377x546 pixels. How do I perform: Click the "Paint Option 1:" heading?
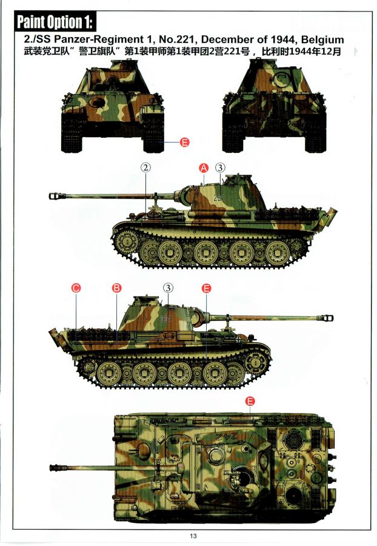[x=55, y=22]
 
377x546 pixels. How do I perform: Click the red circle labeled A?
[x=204, y=168]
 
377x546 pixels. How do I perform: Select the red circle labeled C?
[x=76, y=288]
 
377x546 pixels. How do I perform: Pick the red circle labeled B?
[x=117, y=288]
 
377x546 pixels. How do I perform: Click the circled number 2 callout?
[x=146, y=167]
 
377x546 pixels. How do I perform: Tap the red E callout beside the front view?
[x=185, y=142]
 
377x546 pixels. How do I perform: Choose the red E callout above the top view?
[x=250, y=401]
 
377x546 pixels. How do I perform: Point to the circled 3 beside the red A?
[x=220, y=168]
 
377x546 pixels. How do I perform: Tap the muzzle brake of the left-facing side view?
[x=56, y=197]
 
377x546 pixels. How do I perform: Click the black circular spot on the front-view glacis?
[x=97, y=103]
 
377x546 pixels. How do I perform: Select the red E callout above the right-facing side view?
[x=206, y=288]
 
